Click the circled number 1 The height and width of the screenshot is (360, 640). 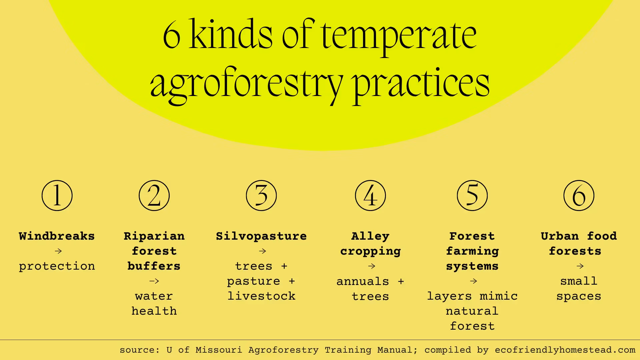click(x=57, y=196)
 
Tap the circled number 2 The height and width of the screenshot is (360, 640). click(x=154, y=196)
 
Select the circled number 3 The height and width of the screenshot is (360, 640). click(x=261, y=196)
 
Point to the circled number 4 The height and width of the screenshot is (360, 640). click(x=370, y=196)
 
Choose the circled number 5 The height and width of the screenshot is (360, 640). click(x=472, y=196)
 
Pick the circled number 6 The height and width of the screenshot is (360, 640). click(x=579, y=196)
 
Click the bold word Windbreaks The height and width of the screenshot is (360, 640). click(x=57, y=236)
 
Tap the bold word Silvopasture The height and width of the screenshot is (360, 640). click(x=261, y=236)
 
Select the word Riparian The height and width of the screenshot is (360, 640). click(x=154, y=236)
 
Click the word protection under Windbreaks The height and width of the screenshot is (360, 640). click(x=57, y=266)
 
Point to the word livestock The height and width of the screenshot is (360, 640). click(x=261, y=296)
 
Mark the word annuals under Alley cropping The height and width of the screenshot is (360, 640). click(x=363, y=281)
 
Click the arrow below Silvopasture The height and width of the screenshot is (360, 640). click(x=262, y=251)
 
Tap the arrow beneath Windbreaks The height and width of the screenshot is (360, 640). click(x=58, y=251)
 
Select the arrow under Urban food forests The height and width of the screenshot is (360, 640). click(x=580, y=266)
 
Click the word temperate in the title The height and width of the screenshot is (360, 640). click(x=399, y=36)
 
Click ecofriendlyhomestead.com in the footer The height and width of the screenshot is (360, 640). click(x=565, y=350)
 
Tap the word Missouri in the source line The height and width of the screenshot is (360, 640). click(x=219, y=350)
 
